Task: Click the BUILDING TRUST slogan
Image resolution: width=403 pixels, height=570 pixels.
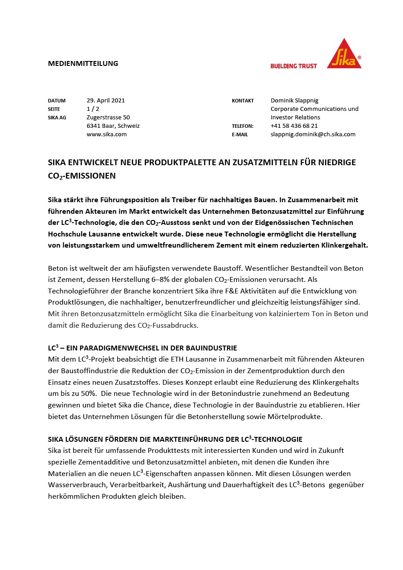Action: click(293, 66)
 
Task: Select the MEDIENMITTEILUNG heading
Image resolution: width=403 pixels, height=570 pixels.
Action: click(83, 63)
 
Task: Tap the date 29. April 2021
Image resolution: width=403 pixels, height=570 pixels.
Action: click(106, 101)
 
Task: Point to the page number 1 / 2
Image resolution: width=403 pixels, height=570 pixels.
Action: click(93, 109)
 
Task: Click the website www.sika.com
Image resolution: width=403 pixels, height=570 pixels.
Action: click(106, 134)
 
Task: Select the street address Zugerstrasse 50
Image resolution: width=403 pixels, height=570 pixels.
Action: click(108, 118)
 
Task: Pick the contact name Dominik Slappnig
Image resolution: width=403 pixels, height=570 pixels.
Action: click(294, 101)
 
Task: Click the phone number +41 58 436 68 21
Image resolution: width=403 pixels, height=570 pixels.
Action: click(294, 126)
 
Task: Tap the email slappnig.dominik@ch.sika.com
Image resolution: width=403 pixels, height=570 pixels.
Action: click(313, 134)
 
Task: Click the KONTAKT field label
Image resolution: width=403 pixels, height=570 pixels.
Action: click(243, 101)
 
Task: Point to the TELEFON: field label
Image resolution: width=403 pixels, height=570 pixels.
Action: click(243, 126)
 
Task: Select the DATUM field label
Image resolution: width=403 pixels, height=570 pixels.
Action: click(57, 101)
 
